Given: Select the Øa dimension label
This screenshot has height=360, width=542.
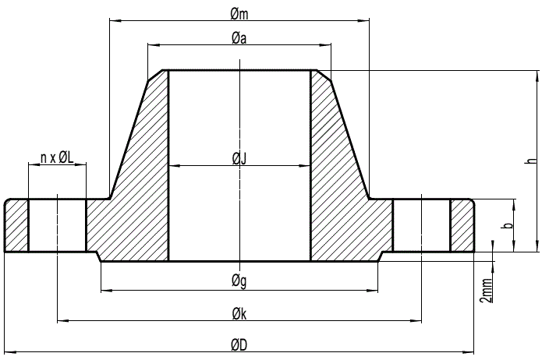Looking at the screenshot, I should click(x=239, y=40).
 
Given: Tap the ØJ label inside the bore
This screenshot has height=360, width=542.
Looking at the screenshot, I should click(x=239, y=159).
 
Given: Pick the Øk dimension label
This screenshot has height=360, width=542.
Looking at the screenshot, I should click(x=239, y=313).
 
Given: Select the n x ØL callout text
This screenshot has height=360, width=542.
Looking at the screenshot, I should click(x=57, y=158).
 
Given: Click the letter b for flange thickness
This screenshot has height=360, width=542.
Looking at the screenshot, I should click(x=508, y=226).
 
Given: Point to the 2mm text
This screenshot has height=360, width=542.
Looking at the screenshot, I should click(x=487, y=289).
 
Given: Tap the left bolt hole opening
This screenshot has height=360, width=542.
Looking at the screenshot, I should click(x=57, y=226).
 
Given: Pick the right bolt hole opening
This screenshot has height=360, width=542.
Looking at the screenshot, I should click(x=421, y=226).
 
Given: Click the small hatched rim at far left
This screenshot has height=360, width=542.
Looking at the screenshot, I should click(x=16, y=226).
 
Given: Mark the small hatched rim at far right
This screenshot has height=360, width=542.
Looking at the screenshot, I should click(x=462, y=226).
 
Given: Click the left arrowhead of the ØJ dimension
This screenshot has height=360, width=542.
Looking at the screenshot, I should click(x=173, y=166).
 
